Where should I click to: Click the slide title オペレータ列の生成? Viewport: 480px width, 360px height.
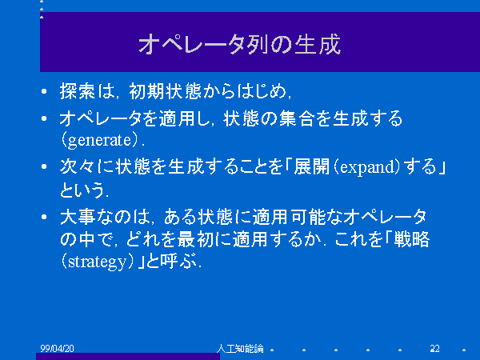tap(240, 44)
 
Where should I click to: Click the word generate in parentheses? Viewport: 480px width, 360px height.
tap(99, 141)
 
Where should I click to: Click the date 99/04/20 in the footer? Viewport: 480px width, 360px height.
tap(58, 348)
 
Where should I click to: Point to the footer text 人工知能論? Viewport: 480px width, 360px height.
tap(240, 348)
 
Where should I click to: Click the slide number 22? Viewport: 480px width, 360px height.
tap(434, 348)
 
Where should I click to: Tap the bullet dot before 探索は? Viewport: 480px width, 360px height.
tap(44, 91)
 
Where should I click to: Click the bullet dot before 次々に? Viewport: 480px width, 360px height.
tap(44, 166)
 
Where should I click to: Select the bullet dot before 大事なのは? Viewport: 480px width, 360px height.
tap(44, 217)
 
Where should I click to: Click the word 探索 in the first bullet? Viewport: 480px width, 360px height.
tap(78, 91)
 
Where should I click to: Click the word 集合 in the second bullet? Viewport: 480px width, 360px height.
tap(296, 118)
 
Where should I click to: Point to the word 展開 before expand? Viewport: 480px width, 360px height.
tap(311, 167)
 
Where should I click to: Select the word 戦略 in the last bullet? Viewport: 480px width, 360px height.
tap(412, 239)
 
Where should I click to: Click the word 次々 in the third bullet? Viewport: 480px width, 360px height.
tap(78, 167)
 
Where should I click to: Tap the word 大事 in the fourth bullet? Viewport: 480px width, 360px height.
tap(78, 217)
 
